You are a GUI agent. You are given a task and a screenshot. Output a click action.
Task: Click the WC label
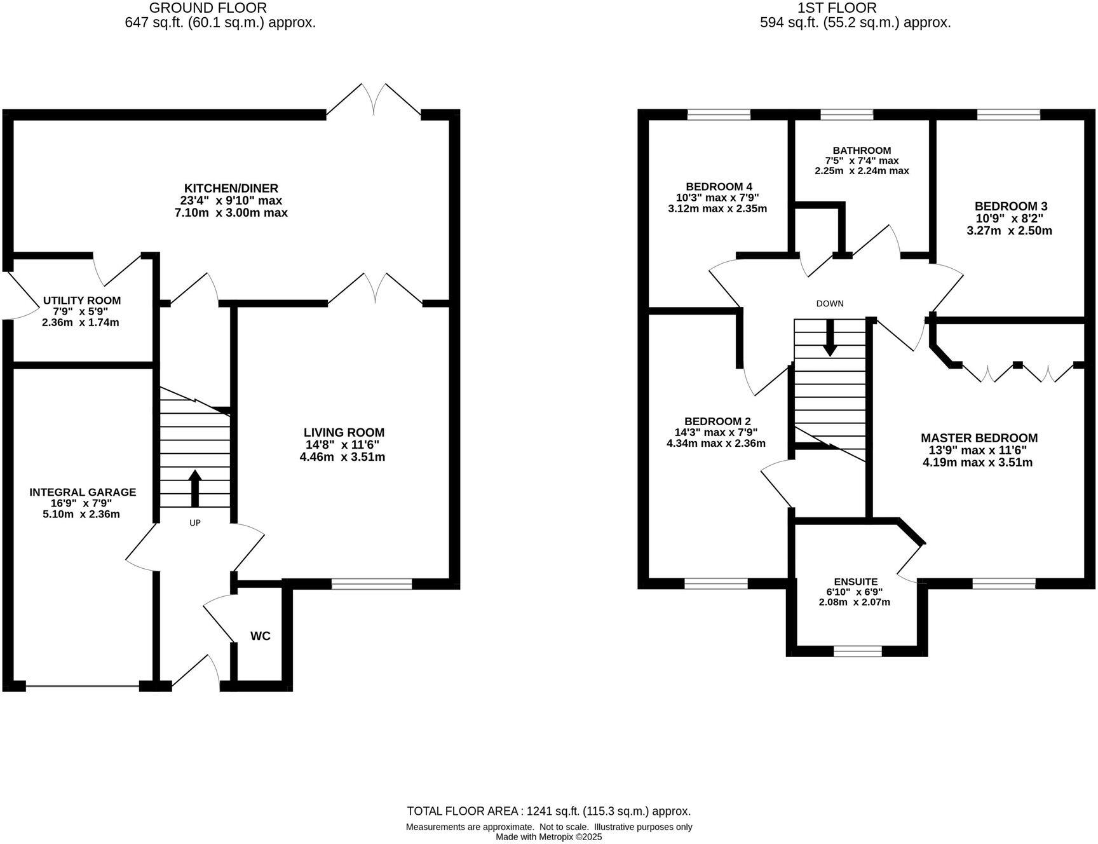tap(261, 636)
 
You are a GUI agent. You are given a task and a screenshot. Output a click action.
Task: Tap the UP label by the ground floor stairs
tap(195, 523)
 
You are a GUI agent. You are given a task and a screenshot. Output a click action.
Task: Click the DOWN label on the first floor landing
tap(830, 304)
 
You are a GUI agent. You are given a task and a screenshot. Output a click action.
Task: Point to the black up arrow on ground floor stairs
tap(195, 488)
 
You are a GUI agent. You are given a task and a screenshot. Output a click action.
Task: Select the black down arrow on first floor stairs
tap(830, 337)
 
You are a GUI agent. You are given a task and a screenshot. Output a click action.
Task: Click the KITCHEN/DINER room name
tap(231, 189)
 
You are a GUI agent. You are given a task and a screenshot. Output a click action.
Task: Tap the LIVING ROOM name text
tap(344, 433)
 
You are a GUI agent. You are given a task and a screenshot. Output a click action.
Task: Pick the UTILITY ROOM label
tap(82, 301)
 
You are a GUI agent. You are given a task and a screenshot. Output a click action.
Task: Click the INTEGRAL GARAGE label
tap(83, 492)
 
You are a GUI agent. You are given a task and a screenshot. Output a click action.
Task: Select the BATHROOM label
tap(862, 151)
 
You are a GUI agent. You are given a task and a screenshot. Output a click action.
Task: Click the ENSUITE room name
tap(856, 582)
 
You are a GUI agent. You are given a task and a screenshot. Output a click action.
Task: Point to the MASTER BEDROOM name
tap(979, 438)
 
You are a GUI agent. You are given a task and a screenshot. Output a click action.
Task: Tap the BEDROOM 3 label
tap(1011, 207)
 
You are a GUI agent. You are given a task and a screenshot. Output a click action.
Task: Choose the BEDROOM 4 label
tap(719, 186)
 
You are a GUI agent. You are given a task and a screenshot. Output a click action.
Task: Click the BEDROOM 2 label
tap(717, 421)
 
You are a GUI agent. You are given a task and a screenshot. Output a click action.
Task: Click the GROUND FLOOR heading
tap(208, 8)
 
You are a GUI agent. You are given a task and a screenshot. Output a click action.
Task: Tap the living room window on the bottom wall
tap(372, 584)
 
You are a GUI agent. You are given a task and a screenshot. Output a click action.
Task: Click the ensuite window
tap(858, 651)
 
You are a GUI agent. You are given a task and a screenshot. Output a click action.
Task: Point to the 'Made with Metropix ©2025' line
tap(549, 837)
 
